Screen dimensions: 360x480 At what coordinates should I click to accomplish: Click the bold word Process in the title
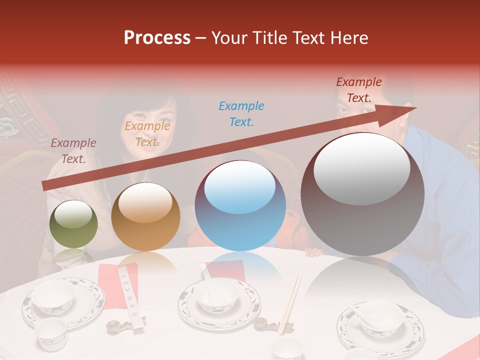point(157,38)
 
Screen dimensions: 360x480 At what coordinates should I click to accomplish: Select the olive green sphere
point(73,224)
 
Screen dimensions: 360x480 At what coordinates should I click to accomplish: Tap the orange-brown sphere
point(145,216)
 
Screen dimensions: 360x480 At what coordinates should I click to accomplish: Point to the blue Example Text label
point(241,114)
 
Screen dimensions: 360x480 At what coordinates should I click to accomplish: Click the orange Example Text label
point(147,134)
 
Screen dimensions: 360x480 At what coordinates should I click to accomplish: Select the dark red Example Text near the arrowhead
point(358,90)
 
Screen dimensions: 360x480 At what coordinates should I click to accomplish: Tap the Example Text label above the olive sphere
point(73,151)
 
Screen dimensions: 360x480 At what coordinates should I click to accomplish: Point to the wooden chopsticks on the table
point(290,302)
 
